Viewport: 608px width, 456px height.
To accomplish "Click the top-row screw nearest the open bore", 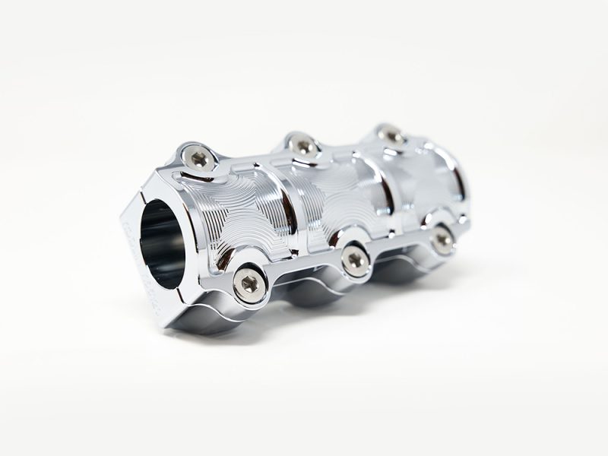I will tap(199, 158).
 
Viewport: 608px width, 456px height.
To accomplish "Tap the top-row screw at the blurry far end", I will tap(391, 135).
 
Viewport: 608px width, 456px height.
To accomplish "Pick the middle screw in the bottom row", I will tap(355, 260).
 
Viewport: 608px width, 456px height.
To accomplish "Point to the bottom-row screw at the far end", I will tap(442, 239).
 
